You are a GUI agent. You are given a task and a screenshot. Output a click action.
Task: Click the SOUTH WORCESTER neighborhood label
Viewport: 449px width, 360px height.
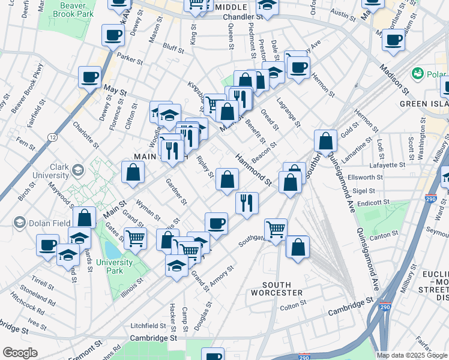click(282, 289)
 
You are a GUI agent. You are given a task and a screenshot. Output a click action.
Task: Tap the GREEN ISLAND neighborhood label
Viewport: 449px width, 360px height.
click(423, 103)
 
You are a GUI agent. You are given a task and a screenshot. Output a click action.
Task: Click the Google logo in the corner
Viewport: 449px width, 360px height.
click(19, 353)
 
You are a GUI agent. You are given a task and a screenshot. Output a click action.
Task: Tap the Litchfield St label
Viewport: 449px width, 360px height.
click(148, 325)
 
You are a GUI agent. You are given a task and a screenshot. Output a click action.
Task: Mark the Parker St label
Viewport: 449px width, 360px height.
click(130, 58)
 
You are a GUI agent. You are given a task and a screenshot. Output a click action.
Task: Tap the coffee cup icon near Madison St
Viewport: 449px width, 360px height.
click(393, 40)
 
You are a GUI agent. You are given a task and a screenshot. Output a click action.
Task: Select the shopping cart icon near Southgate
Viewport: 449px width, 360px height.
click(276, 229)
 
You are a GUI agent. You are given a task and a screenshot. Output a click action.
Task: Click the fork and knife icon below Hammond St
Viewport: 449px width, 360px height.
click(247, 203)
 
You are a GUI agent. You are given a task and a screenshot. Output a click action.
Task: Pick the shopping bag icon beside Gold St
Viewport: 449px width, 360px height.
click(325, 141)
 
